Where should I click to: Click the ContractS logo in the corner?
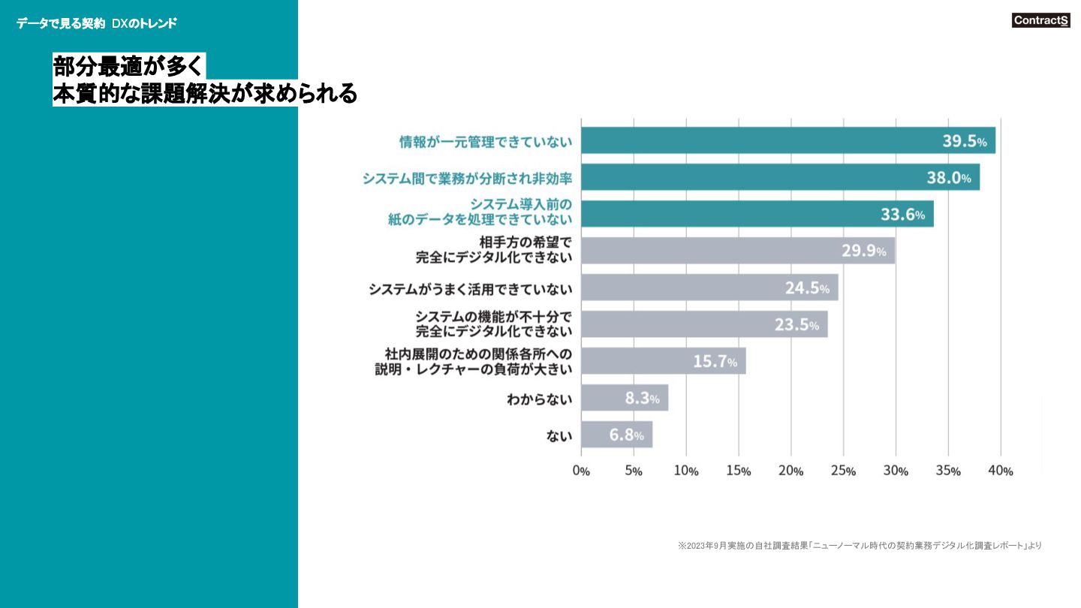tap(1040, 21)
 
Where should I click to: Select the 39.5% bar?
tap(787, 140)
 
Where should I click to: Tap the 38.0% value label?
tap(948, 178)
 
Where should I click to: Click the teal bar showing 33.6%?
tap(757, 214)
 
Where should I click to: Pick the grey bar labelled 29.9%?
tap(737, 251)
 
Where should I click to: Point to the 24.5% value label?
tap(807, 288)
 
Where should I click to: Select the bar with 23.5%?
tap(704, 324)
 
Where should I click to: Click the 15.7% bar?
tap(663, 361)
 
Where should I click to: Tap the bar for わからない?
tap(624, 398)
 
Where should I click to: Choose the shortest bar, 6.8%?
tap(616, 435)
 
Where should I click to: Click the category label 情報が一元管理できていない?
tap(485, 142)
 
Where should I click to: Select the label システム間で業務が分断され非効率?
tap(467, 179)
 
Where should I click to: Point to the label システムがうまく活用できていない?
tap(470, 289)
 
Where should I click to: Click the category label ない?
tap(559, 435)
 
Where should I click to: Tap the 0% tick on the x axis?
tap(581, 471)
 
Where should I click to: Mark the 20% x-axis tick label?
tap(790, 471)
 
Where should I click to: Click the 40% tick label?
tap(1001, 471)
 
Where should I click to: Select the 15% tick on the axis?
tap(738, 471)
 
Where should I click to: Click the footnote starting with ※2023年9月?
tap(859, 546)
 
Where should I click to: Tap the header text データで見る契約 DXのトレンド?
tap(97, 23)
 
